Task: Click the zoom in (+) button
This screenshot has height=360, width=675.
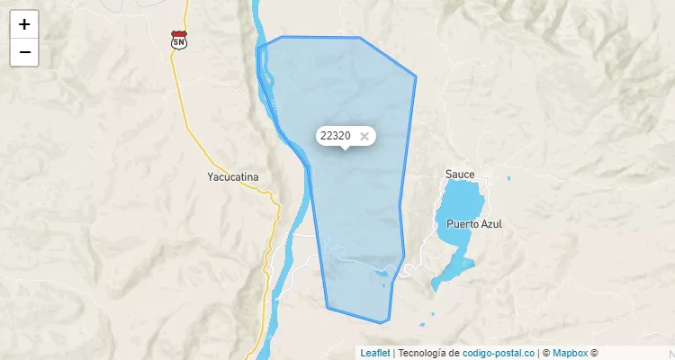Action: point(24,24)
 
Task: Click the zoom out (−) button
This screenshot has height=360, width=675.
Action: point(24,52)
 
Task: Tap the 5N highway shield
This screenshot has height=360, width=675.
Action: point(178,40)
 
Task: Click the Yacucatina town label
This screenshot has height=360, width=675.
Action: point(232,177)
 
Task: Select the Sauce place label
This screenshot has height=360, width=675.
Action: point(459,173)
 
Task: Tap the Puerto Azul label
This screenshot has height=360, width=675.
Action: point(472,223)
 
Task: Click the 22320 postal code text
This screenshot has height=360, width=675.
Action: point(335,136)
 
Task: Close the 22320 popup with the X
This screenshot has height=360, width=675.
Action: point(364,136)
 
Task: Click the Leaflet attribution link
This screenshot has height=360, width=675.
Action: point(374,353)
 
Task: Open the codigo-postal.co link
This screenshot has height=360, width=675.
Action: point(498,353)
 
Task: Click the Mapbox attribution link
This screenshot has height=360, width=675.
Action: point(570,353)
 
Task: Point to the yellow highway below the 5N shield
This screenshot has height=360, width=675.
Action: point(177,81)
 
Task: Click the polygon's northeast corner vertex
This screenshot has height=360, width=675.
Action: point(416,76)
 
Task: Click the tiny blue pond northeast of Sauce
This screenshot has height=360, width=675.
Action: point(508,178)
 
